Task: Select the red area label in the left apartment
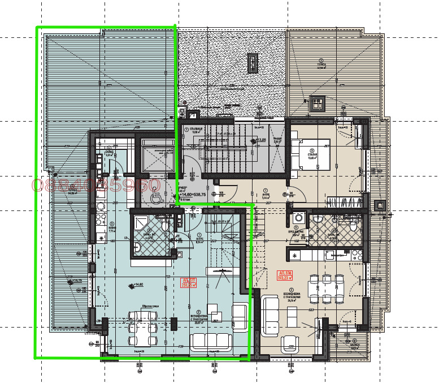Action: click(x=188, y=282)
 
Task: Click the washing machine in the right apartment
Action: click(x=298, y=218)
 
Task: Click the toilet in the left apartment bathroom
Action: click(x=164, y=225)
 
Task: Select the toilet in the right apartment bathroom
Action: click(x=352, y=226)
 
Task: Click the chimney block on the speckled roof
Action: click(x=253, y=63)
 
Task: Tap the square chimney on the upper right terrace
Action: click(x=317, y=103)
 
